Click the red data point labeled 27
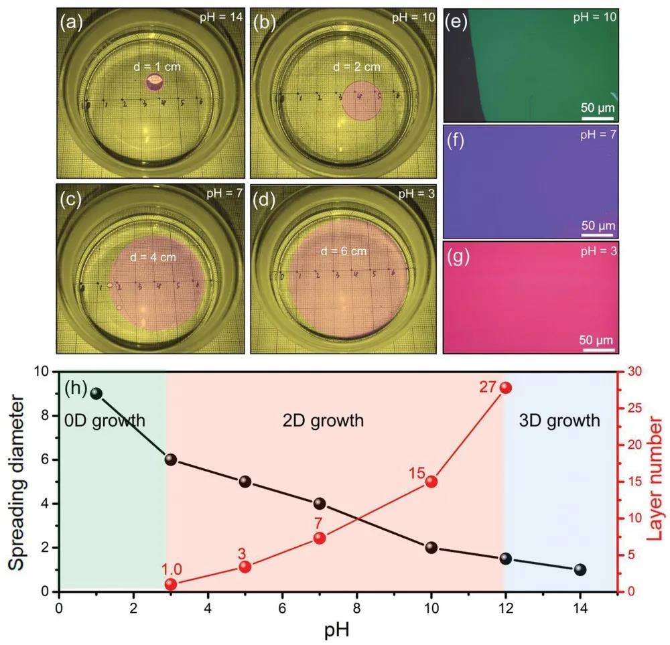(506, 388)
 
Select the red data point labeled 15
(431, 481)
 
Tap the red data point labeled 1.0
(171, 584)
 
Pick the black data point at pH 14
(580, 569)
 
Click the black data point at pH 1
(96, 392)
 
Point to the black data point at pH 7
(320, 504)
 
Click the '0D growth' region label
(105, 421)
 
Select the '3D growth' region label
(559, 421)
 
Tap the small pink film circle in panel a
(155, 82)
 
